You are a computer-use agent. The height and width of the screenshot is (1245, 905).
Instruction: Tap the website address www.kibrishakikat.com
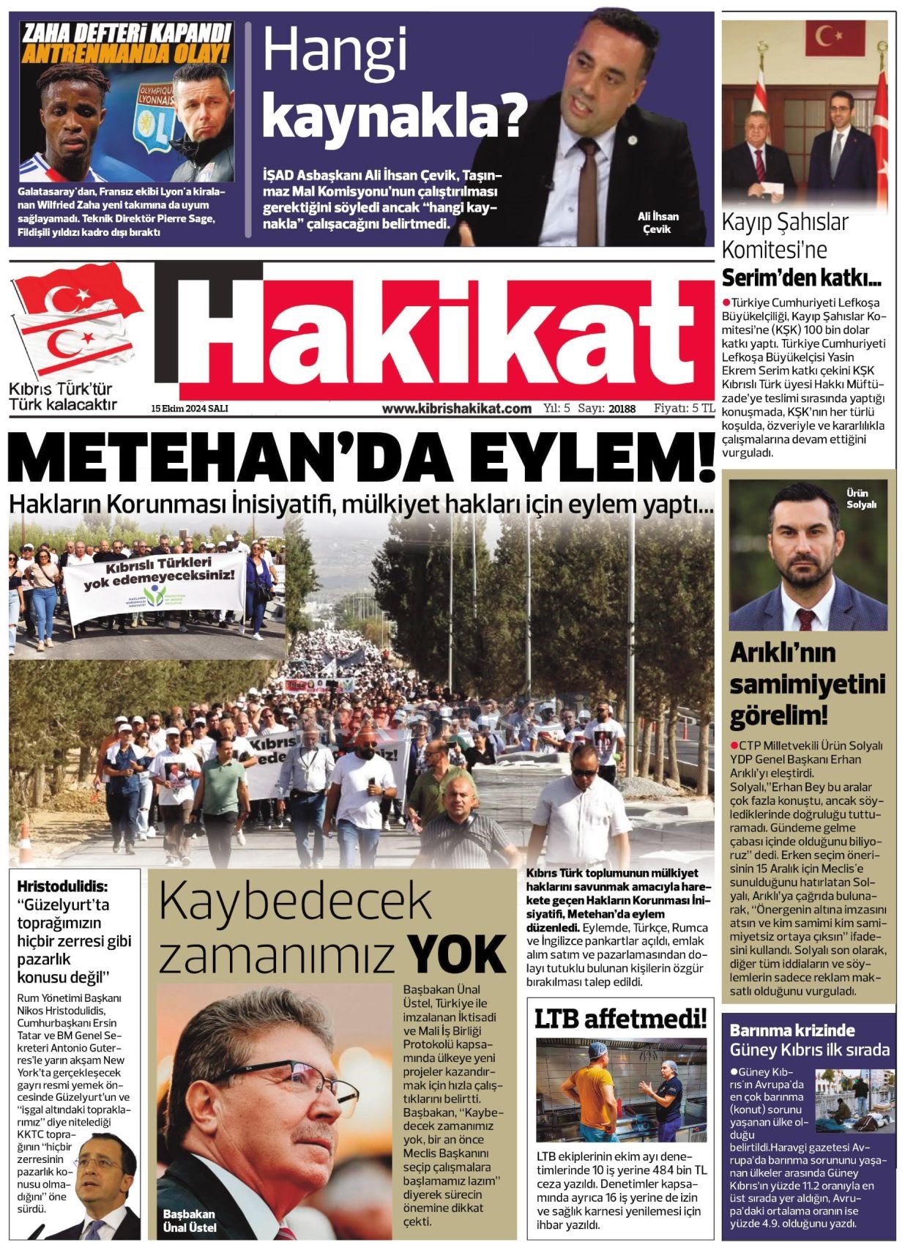coord(456,409)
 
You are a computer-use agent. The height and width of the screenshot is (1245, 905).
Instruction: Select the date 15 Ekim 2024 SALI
coord(190,409)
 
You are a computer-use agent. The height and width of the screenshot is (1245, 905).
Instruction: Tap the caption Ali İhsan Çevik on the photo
coord(658,223)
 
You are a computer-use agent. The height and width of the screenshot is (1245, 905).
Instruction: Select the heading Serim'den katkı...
coord(801,278)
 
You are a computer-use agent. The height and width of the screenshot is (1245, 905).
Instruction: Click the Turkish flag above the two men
coord(835,38)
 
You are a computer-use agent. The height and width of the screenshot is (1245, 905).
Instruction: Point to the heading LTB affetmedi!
coord(620,1018)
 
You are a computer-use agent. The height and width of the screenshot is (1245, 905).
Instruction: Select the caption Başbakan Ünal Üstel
coord(190,1220)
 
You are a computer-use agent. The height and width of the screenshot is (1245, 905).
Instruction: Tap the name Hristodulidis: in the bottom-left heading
coord(62,886)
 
